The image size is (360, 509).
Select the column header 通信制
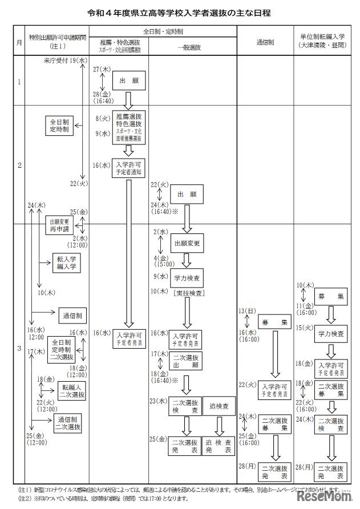point(265,43)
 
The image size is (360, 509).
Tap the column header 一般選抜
point(191,48)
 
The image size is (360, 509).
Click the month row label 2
point(19,165)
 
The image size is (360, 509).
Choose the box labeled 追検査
point(219,406)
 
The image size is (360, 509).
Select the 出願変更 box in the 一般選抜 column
point(187,244)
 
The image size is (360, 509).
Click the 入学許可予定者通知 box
point(129,166)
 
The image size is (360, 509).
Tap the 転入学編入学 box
point(66,262)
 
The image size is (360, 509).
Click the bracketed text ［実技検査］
point(187,293)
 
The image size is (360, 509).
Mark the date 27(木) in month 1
point(100,68)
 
